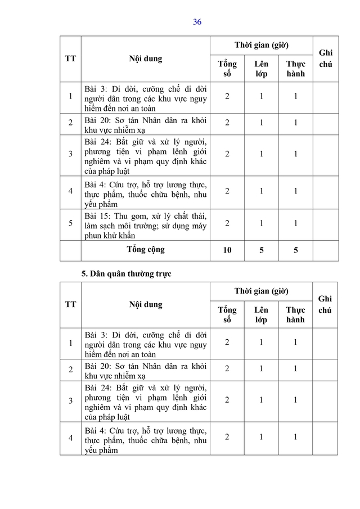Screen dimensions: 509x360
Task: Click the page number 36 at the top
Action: pyautogui.click(x=197, y=22)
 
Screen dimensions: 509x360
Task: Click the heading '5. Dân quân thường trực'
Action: pyautogui.click(x=127, y=274)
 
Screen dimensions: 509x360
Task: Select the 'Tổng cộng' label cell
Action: pyautogui.click(x=145, y=250)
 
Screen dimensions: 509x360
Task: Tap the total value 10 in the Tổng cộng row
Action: pyautogui.click(x=227, y=250)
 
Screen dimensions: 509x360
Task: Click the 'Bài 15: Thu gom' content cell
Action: pyautogui.click(x=145, y=223)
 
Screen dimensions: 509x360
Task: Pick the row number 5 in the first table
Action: pyautogui.click(x=70, y=223)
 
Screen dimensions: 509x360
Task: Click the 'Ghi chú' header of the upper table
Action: pyautogui.click(x=325, y=58)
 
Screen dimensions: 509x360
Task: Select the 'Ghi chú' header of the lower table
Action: pyautogui.click(x=325, y=304)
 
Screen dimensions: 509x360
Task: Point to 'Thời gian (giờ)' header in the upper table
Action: pyautogui.click(x=262, y=45)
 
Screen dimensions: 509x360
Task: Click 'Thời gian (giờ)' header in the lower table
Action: pyautogui.click(x=262, y=291)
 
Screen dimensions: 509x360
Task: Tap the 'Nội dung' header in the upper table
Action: pyautogui.click(x=145, y=58)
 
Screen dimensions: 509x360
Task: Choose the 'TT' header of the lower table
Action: pyautogui.click(x=70, y=304)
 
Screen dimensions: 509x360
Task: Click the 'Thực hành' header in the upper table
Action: pyautogui.click(x=295, y=69)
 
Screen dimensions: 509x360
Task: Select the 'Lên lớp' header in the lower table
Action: pyautogui.click(x=261, y=315)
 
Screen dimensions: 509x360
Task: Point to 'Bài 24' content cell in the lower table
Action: pyautogui.click(x=145, y=402)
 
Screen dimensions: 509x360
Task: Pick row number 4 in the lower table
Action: pyautogui.click(x=70, y=437)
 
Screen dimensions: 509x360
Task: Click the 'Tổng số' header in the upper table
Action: pyautogui.click(x=227, y=69)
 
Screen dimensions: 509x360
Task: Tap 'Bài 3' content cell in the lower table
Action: pyautogui.click(x=145, y=344)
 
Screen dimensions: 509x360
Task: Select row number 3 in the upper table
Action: pyautogui.click(x=70, y=154)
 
